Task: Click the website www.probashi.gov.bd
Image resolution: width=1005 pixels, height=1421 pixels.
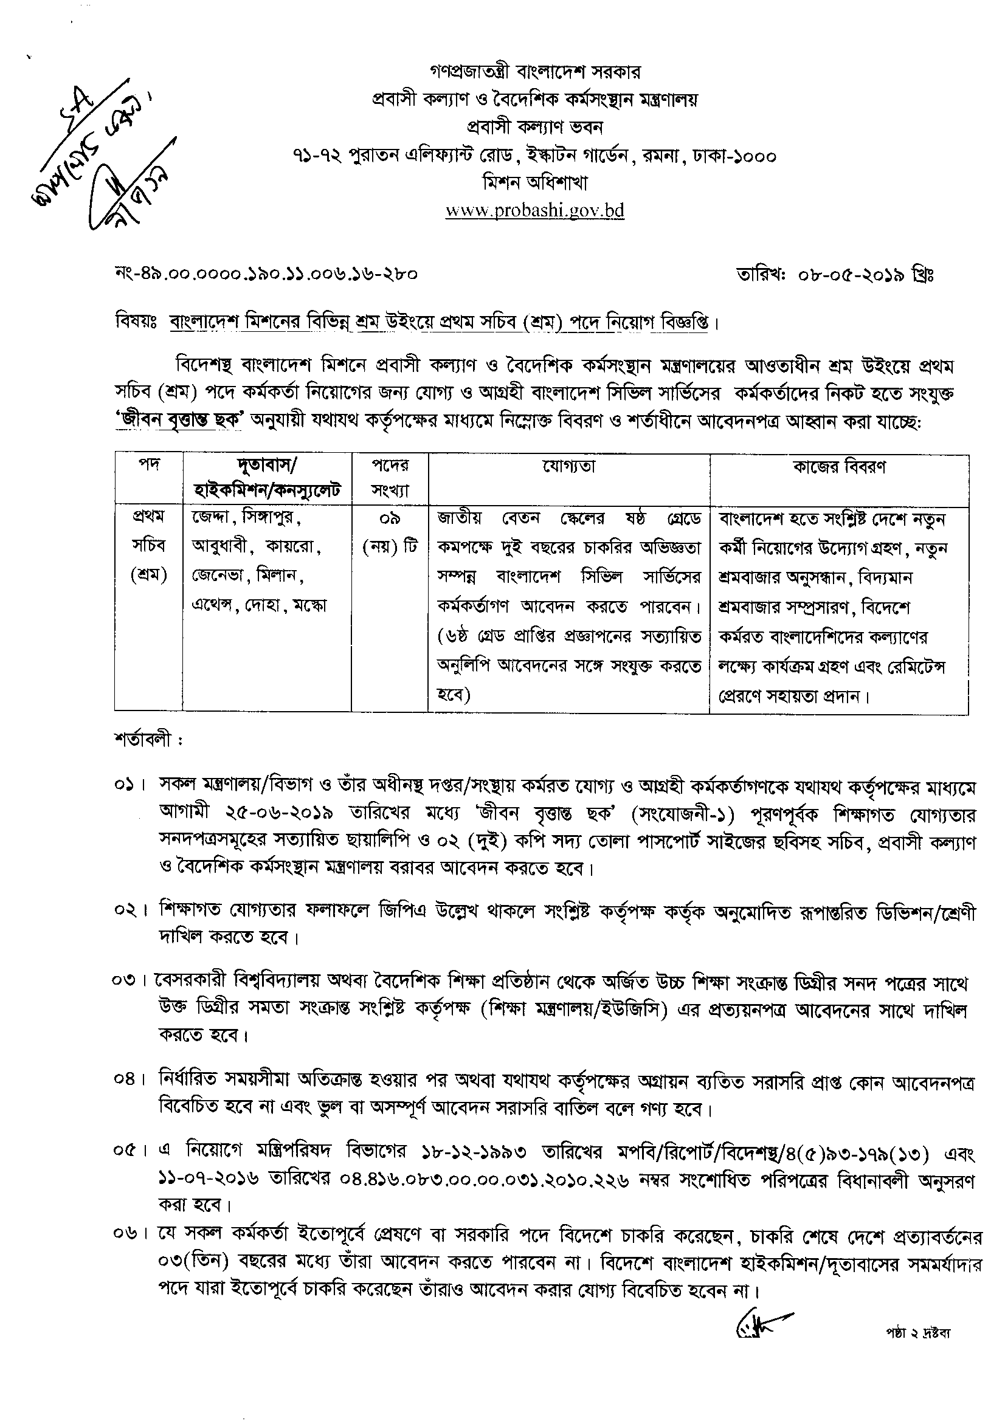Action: tap(534, 210)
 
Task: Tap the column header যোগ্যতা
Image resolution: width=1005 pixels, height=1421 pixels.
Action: tap(568, 467)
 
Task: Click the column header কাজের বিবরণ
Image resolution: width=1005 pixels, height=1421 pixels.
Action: tap(839, 467)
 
